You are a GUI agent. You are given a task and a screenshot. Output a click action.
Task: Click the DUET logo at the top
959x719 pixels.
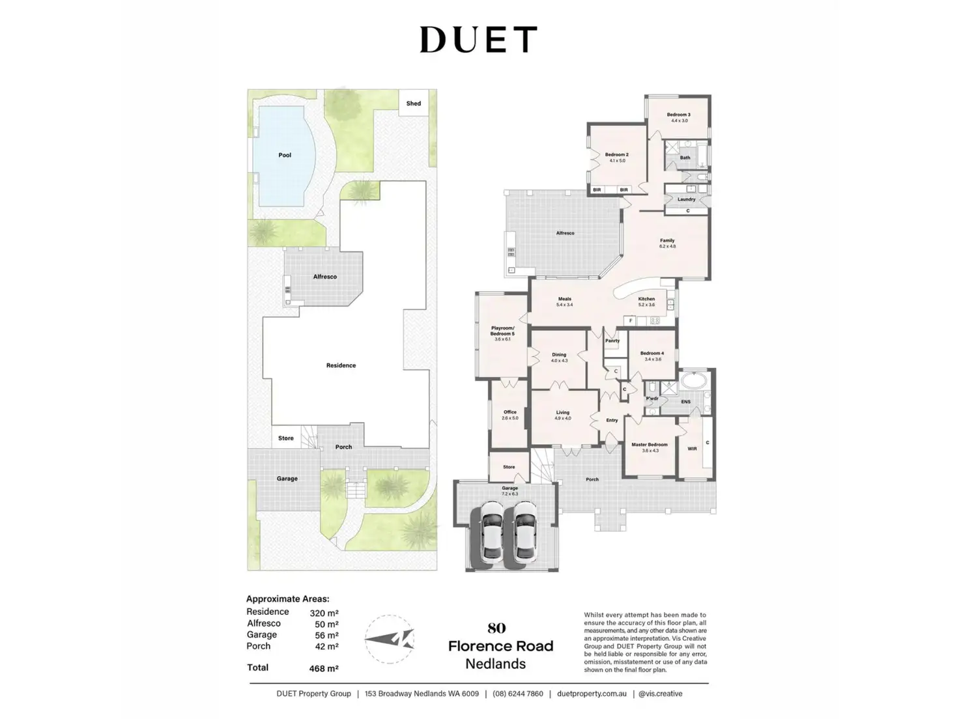[478, 40]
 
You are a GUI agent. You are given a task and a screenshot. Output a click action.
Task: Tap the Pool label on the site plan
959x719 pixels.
[285, 155]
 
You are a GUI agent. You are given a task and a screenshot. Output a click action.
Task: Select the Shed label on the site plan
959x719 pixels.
[414, 104]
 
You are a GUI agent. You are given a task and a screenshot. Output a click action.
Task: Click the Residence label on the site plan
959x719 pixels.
[341, 365]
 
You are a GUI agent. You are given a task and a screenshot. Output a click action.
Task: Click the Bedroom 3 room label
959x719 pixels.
[678, 115]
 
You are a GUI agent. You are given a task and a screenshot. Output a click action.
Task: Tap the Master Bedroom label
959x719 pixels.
[649, 445]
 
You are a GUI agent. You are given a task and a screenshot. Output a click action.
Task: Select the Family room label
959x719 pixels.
[666, 240]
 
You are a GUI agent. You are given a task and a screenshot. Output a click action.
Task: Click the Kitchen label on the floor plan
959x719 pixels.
[646, 299]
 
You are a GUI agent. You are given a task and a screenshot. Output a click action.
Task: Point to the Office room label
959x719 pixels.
[510, 412]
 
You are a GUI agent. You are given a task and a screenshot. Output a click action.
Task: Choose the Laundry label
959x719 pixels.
[686, 199]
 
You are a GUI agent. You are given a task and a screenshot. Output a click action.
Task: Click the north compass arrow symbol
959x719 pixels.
[389, 639]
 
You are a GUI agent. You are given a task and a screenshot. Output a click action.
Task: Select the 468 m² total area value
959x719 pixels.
[323, 668]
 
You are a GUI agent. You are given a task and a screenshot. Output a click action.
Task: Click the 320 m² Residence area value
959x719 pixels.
[323, 613]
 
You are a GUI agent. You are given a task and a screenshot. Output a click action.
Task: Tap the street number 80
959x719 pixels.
[496, 628]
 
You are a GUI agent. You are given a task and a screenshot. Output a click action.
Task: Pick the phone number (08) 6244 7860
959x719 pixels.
[518, 694]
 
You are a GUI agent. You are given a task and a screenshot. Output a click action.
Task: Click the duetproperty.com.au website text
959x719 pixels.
[592, 694]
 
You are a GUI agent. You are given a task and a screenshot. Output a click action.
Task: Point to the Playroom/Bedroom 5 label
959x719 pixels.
[502, 331]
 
